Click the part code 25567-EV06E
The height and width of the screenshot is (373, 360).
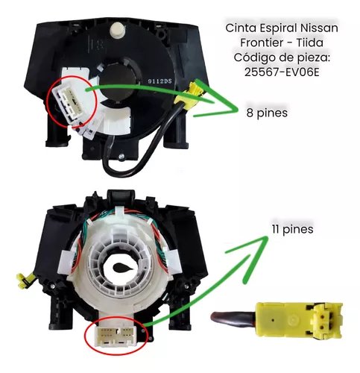tap(282, 72)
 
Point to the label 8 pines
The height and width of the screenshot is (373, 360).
tap(267, 113)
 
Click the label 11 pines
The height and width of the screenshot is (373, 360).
tap(292, 229)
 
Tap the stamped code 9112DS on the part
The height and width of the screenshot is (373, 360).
tap(160, 81)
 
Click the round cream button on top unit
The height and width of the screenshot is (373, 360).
tap(117, 30)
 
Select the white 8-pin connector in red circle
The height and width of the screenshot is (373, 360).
tap(71, 103)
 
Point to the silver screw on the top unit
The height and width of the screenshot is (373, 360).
tap(121, 157)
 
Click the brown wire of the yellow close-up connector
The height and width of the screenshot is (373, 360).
tap(233, 319)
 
